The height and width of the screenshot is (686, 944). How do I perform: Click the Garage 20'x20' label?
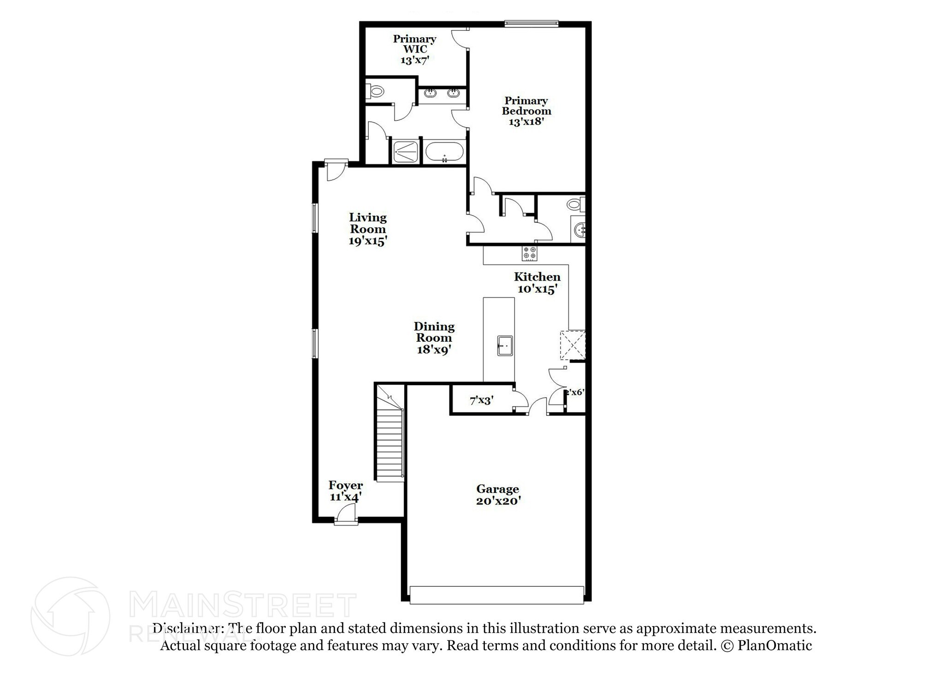[x=498, y=495]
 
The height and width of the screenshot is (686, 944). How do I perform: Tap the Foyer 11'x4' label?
[x=345, y=491]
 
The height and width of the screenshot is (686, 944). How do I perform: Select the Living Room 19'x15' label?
[x=367, y=229]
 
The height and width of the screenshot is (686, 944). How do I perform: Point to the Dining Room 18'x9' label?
[x=434, y=338]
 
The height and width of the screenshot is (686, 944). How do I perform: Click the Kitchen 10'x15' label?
[x=537, y=282]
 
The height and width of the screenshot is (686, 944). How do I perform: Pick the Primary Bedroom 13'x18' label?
[x=526, y=111]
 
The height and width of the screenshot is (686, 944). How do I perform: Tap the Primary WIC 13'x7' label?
[x=414, y=49]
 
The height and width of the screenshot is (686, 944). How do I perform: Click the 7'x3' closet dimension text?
[x=482, y=400]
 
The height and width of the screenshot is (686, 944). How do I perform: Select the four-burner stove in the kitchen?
[x=529, y=253]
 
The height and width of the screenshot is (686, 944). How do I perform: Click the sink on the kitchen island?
[x=505, y=346]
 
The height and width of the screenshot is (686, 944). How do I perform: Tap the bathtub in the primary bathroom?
[x=444, y=151]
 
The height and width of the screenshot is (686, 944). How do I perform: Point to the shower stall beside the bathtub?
[x=406, y=152]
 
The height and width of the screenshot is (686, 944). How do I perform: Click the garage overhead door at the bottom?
[x=496, y=595]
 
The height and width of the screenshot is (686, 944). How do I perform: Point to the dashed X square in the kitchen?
[x=572, y=345]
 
